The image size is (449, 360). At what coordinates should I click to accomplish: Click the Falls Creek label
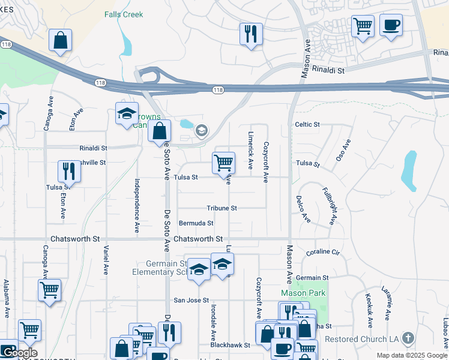coord(125,14)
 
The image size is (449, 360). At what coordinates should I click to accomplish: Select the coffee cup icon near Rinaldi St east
coord(391,26)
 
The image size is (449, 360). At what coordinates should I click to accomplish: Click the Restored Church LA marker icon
coord(409,338)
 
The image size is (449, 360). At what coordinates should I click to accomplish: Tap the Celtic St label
coord(307,124)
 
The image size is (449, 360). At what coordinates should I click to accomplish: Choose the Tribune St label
coord(222,208)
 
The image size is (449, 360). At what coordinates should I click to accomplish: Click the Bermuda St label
coord(196,223)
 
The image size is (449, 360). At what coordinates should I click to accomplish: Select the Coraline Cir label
coord(323,253)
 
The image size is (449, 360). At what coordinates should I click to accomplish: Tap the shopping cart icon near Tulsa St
coord(223,162)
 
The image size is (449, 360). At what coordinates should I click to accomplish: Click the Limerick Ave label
coord(250,149)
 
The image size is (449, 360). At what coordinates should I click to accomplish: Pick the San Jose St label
coord(191,300)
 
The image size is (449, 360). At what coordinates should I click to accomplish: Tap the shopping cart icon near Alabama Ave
coord(49,290)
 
